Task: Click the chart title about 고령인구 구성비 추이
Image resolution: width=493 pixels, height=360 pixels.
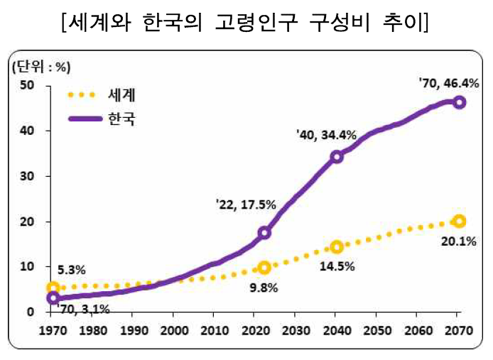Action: click(246, 23)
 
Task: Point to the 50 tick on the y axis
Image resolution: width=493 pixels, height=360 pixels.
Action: click(28, 85)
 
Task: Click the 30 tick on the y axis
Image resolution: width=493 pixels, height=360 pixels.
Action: click(28, 176)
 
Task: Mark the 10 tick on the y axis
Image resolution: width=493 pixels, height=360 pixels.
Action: click(28, 267)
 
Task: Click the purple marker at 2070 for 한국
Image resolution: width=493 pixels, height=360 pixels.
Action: click(460, 102)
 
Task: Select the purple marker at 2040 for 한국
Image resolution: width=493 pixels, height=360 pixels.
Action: click(337, 156)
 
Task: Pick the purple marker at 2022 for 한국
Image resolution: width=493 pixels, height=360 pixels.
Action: click(264, 232)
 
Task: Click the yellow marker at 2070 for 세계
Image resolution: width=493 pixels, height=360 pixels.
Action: click(460, 221)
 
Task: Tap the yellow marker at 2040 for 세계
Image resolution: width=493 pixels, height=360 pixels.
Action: click(337, 246)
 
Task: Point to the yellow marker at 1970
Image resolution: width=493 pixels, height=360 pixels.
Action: click(53, 288)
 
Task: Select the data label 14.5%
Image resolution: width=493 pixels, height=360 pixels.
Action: click(337, 267)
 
